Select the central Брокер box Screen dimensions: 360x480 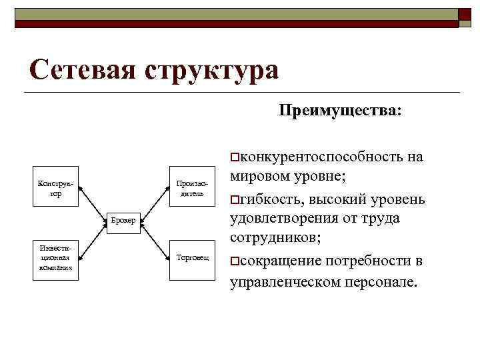pos(123,221)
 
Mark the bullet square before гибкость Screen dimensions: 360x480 pos(233,200)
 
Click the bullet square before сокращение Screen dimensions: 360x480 pos(233,261)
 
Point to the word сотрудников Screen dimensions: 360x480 pos(274,238)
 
